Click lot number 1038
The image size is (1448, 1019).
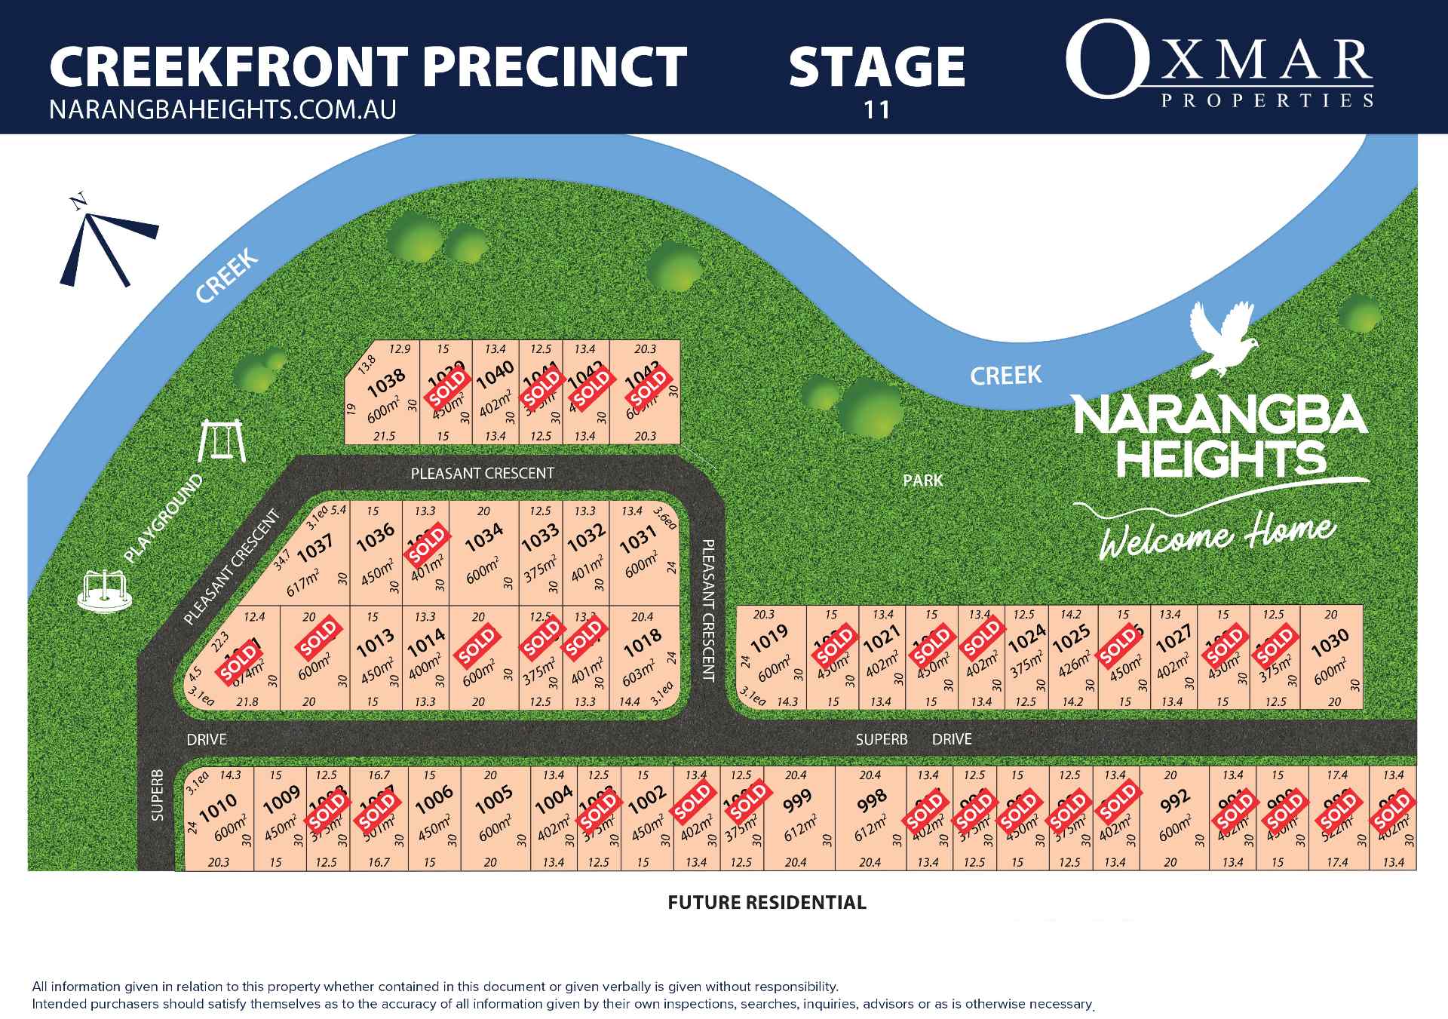[x=386, y=382]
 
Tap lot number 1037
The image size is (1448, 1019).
[x=315, y=548]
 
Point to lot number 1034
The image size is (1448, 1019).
[x=483, y=538]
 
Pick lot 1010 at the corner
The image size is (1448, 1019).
[x=218, y=808]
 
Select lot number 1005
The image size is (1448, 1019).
[x=494, y=800]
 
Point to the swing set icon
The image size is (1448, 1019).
[x=222, y=441]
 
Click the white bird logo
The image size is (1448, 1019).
[x=1222, y=339]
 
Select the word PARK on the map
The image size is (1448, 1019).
[x=923, y=480]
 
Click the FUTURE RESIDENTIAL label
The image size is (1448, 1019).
[x=767, y=903]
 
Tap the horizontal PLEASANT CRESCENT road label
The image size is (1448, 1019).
[x=482, y=474]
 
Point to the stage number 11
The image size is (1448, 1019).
[x=876, y=110]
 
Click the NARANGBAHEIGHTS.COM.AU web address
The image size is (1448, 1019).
[x=222, y=110]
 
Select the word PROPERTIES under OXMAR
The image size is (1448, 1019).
[x=1267, y=101]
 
